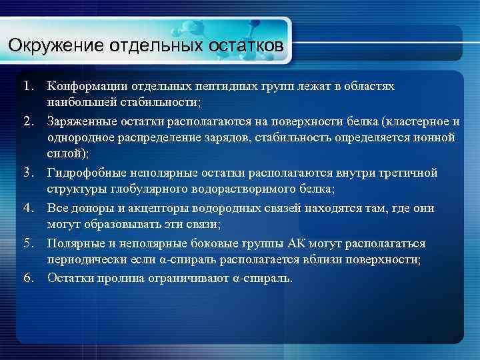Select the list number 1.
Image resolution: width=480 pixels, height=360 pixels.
click(27, 87)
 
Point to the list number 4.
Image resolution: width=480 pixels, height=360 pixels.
click(27, 209)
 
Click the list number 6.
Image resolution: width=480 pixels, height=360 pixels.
click(27, 278)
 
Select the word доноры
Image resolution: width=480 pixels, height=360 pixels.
click(93, 209)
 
